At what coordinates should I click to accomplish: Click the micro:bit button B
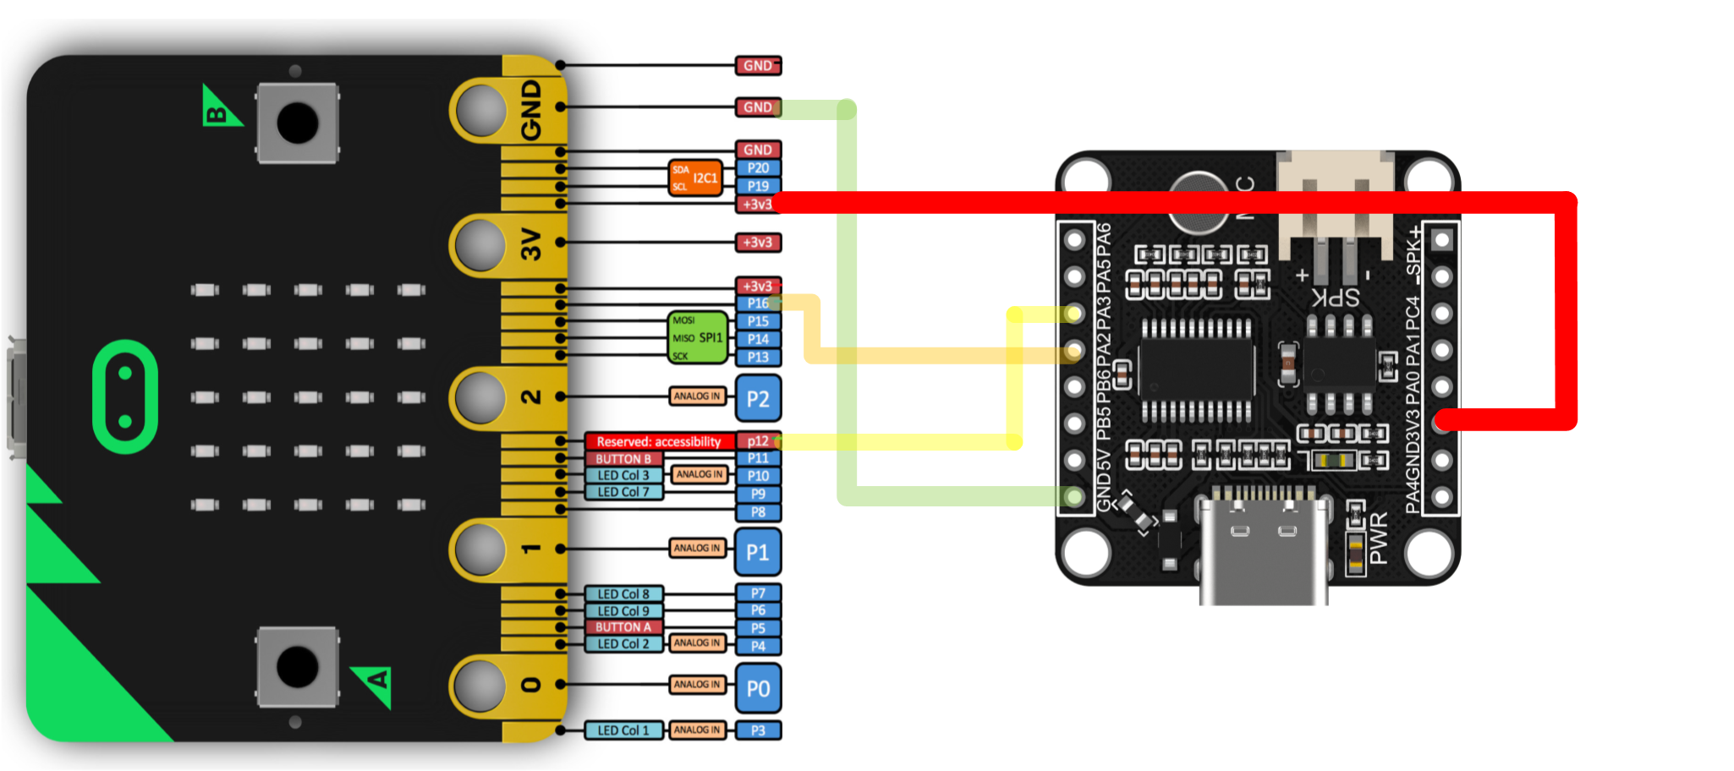point(298,123)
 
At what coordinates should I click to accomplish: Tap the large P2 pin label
point(758,398)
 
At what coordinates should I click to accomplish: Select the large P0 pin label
point(758,688)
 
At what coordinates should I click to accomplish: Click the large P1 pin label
point(758,552)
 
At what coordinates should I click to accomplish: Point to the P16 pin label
point(758,303)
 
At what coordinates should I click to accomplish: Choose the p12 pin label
point(758,440)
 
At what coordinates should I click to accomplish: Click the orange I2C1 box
point(696,178)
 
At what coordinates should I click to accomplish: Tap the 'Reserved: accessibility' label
point(658,441)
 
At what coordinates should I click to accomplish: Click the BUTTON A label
point(623,627)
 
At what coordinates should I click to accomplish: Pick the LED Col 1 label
point(623,730)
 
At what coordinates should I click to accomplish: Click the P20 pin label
point(758,168)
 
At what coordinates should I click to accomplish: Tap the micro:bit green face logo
point(125,396)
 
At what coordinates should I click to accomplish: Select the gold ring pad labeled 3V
point(480,243)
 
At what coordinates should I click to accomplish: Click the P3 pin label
point(758,730)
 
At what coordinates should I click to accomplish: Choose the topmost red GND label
point(758,65)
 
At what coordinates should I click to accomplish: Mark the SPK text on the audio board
point(1336,297)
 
